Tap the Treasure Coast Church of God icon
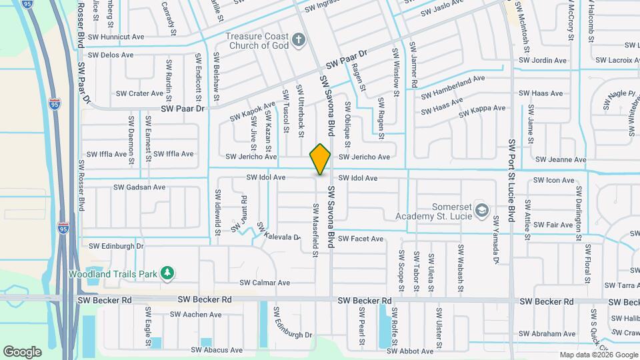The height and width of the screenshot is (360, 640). pyautogui.click(x=298, y=41)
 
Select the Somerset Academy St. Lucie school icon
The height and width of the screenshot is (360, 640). pyautogui.click(x=481, y=211)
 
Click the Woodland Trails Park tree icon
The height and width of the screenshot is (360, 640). pyautogui.click(x=167, y=273)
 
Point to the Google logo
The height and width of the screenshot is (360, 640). pyautogui.click(x=22, y=352)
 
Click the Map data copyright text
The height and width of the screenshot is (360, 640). pyautogui.click(x=599, y=355)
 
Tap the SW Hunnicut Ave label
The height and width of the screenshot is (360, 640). pyautogui.click(x=120, y=37)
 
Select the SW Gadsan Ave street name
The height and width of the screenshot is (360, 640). pyautogui.click(x=139, y=187)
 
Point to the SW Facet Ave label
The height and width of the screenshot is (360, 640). pyautogui.click(x=360, y=239)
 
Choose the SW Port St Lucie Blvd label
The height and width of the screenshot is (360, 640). pyautogui.click(x=511, y=180)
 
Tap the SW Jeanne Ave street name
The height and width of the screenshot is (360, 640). pyautogui.click(x=560, y=160)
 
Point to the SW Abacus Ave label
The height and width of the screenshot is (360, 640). pyautogui.click(x=217, y=350)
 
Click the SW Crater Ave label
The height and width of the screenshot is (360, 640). pyautogui.click(x=139, y=94)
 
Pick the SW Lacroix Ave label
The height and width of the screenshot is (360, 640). pyautogui.click(x=617, y=60)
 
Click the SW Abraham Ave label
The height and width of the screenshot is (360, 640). pyautogui.click(x=547, y=333)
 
